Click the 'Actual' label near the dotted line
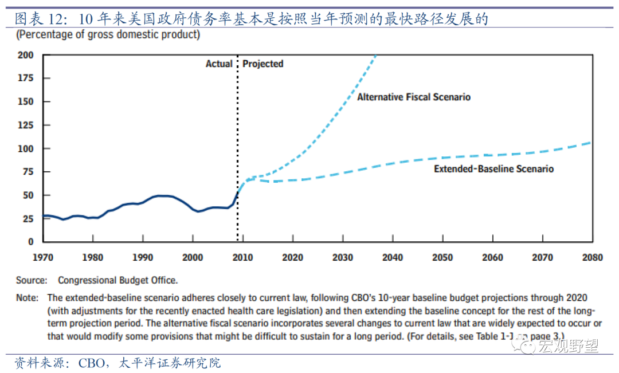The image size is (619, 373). click(219, 64)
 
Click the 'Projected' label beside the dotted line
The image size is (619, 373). click(263, 64)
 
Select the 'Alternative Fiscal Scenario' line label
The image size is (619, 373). click(414, 97)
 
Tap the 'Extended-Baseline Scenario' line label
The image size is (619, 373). click(493, 169)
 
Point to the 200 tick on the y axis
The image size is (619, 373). click(26, 55)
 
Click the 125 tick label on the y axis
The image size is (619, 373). click(26, 125)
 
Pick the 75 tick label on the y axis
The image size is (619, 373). click(29, 171)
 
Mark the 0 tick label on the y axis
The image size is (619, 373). click(31, 242)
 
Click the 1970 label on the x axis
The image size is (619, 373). click(42, 257)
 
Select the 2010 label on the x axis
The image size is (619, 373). click(243, 257)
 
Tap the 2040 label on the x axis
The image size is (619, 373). click(393, 257)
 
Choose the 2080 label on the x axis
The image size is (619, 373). click(591, 257)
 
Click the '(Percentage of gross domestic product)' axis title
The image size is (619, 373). click(108, 34)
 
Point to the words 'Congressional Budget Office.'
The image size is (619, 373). click(117, 280)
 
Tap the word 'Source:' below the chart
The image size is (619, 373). click(32, 280)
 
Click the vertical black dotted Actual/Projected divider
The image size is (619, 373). click(238, 149)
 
